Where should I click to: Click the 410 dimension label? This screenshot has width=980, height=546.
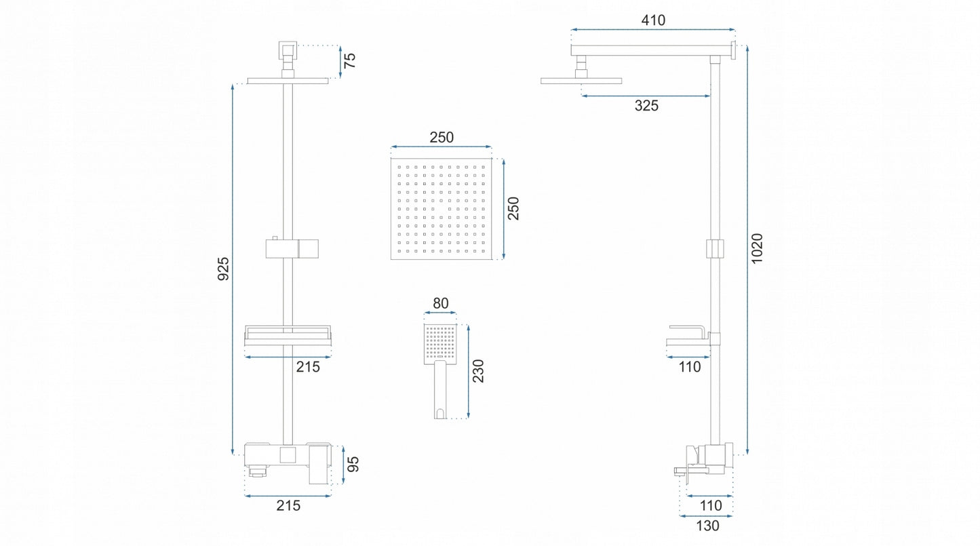coord(653,20)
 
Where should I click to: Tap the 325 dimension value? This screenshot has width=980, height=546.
coord(646,105)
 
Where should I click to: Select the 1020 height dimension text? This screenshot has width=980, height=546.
coord(757,248)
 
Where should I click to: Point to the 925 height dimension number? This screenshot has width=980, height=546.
coord(223,269)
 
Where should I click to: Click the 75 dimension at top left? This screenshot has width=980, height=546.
coord(349,60)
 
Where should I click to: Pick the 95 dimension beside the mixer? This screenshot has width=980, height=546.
coord(353,464)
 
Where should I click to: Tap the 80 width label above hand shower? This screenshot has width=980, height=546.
coord(441,303)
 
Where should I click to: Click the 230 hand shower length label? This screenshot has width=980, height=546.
coord(478,371)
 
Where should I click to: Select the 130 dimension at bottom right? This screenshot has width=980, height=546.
coord(707,526)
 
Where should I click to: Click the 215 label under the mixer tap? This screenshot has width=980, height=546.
coord(288,505)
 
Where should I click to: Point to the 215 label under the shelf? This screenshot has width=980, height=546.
coord(308,367)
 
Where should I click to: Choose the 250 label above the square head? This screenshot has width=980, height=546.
coord(442,138)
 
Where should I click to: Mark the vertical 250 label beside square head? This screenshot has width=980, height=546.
coord(513,208)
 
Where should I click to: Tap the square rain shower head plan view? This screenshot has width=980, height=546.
coord(441,209)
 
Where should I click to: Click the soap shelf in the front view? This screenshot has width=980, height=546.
coord(288,336)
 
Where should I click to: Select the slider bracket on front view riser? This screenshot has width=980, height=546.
coord(292,248)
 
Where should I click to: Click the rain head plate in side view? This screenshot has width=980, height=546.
coord(581,81)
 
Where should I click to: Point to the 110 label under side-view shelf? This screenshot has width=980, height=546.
coord(690,367)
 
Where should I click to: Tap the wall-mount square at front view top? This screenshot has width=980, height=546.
coord(288,50)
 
